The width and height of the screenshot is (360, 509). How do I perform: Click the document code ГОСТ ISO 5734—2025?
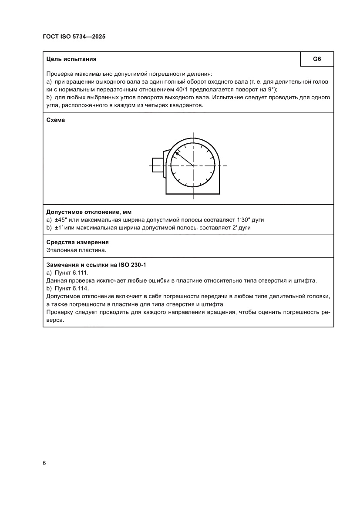(74, 37)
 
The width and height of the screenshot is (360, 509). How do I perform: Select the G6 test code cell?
(317, 59)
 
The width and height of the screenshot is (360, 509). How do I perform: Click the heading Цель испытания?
(71, 59)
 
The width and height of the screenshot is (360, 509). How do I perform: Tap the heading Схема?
(55, 120)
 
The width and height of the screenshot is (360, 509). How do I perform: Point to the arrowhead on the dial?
(176, 153)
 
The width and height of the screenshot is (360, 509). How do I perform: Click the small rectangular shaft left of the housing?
(157, 165)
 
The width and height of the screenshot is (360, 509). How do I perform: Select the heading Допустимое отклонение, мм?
(89, 212)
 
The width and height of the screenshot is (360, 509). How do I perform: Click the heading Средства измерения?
(77, 242)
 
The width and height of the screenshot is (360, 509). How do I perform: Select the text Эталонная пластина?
(76, 250)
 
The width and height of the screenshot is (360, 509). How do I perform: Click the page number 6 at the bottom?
(44, 463)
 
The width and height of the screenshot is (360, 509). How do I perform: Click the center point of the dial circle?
(193, 165)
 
